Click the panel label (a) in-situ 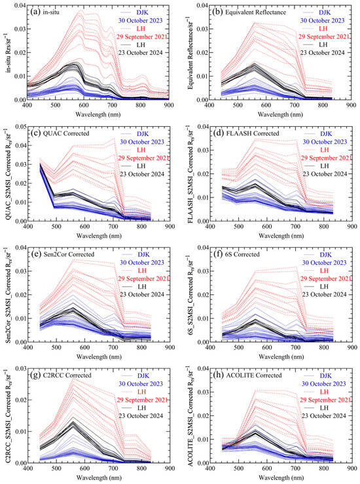click(45, 12)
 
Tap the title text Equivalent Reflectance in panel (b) click(255, 12)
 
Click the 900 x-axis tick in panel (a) click(169, 105)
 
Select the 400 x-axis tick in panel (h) click(210, 468)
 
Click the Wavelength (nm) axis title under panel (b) click(280, 114)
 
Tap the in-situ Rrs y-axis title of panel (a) click(8, 53)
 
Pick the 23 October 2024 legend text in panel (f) click(325, 294)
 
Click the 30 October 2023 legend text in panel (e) click(142, 262)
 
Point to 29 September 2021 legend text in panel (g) click(142, 400)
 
